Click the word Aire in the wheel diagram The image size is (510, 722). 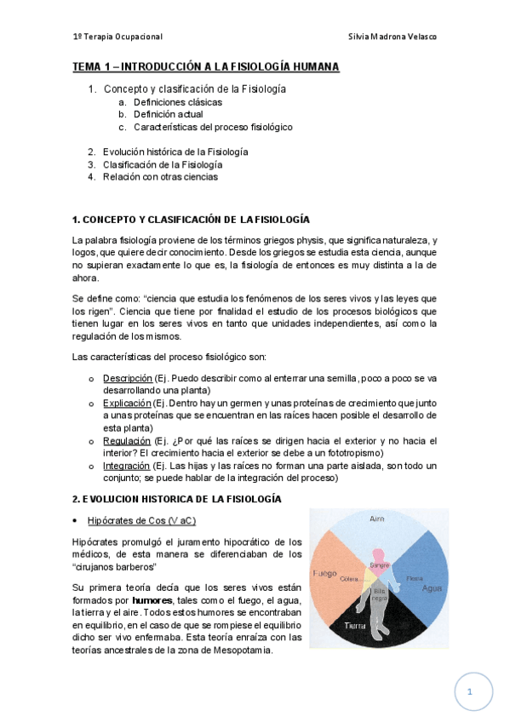[x=378, y=519]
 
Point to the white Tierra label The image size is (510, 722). [x=355, y=627]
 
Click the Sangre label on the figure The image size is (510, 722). [x=379, y=564]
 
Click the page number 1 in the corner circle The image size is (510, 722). [x=470, y=691]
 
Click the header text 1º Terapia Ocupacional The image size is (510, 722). [x=117, y=37]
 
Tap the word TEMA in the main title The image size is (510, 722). [x=86, y=67]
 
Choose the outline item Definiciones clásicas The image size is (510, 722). [x=178, y=102]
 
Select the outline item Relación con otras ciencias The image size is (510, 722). [x=160, y=177]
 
